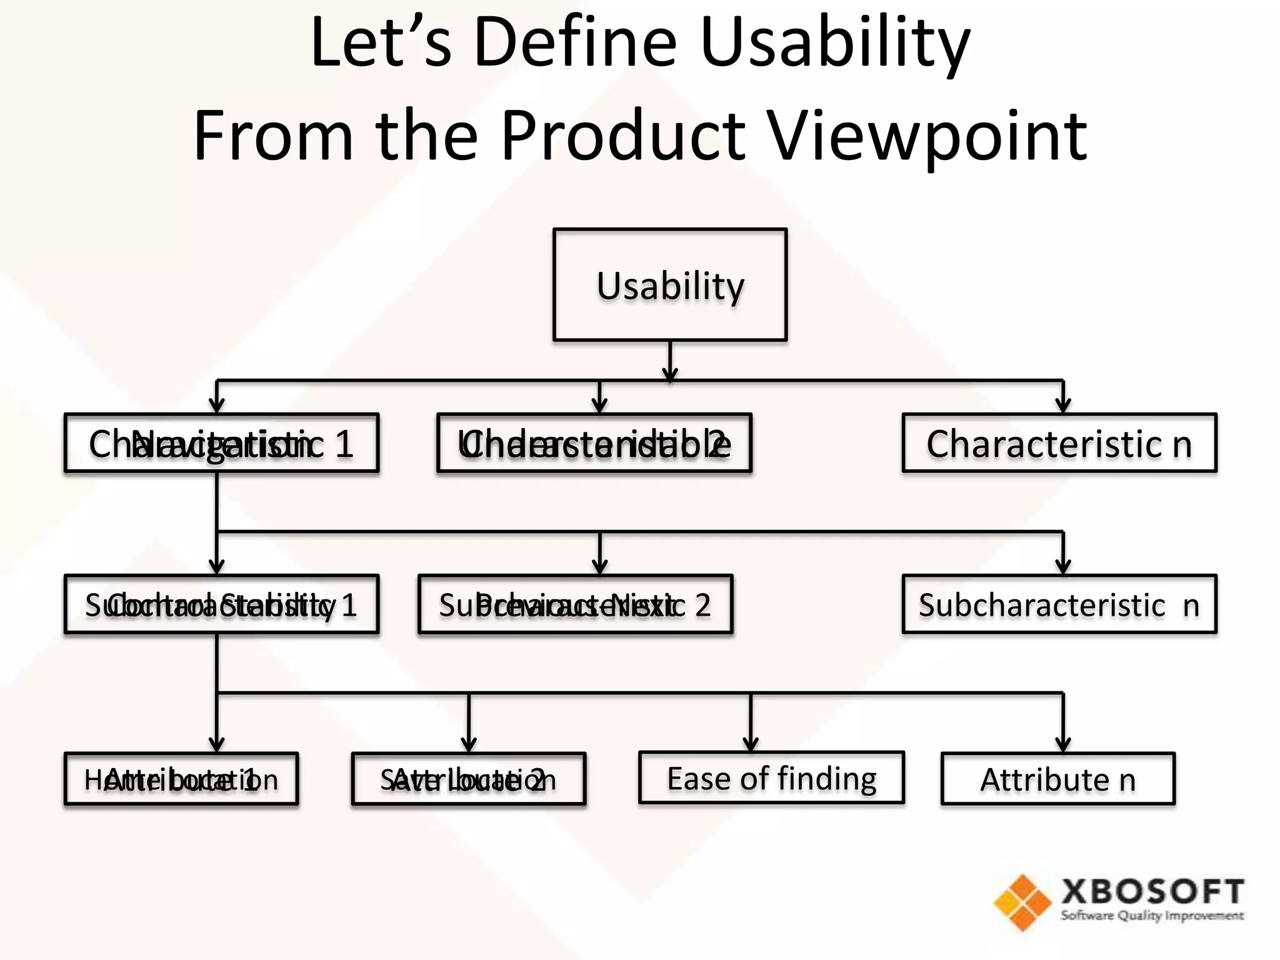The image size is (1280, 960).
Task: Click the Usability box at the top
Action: click(x=669, y=285)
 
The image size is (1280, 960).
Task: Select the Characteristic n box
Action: click(x=1059, y=443)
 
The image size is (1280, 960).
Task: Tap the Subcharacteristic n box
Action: click(x=1059, y=604)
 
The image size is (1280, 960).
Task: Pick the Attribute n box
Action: click(x=1057, y=779)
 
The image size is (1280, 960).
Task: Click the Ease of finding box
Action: click(x=771, y=778)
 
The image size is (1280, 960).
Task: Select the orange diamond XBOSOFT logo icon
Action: click(x=1022, y=902)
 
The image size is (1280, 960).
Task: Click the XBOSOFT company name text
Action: click(x=1152, y=891)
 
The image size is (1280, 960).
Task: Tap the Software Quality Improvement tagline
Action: click(x=1152, y=916)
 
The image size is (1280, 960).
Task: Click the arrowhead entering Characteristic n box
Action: click(x=1062, y=406)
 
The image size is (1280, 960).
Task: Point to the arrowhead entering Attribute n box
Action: click(x=1062, y=744)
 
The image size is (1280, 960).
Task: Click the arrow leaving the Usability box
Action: click(x=670, y=362)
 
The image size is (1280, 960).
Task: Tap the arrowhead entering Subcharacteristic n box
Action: click(x=1062, y=567)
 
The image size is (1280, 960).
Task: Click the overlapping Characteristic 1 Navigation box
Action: click(x=221, y=443)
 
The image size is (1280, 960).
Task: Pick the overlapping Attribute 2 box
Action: click(x=469, y=779)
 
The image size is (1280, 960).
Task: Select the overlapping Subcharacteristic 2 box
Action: click(x=575, y=604)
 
